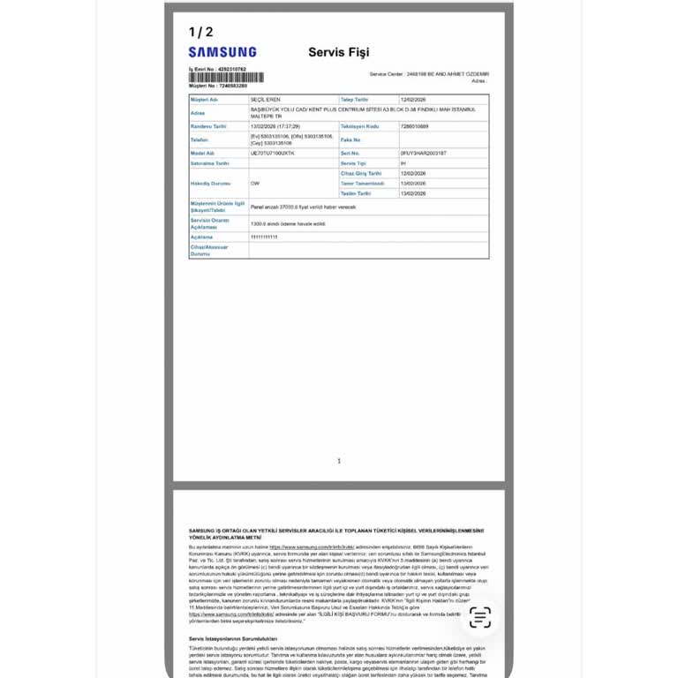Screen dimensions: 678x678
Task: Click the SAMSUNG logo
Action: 222,52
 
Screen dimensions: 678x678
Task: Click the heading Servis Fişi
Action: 338,52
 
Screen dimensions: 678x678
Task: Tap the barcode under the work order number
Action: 225,78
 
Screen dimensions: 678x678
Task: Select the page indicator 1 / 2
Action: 200,32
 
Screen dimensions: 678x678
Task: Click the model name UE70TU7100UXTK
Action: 273,153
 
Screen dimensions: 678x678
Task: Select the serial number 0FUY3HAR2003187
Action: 424,153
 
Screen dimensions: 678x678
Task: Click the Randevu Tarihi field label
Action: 208,126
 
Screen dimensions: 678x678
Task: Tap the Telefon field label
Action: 200,139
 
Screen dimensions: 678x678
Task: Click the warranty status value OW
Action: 255,183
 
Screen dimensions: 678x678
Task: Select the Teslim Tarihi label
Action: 356,192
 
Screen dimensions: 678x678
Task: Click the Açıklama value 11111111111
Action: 264,237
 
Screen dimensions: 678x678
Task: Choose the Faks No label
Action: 350,139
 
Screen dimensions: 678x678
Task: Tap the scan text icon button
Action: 480,618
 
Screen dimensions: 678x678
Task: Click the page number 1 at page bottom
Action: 339,461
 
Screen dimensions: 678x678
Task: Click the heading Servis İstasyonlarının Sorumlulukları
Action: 233,638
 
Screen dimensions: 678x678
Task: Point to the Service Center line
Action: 429,74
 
